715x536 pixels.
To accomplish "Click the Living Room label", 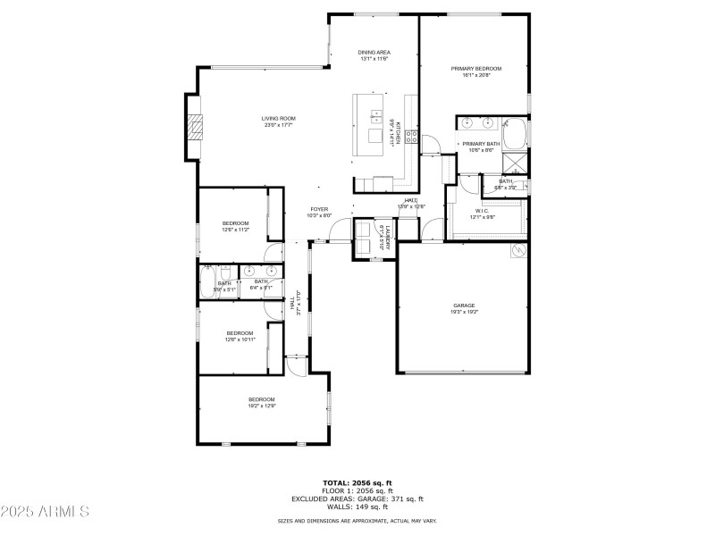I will [278, 118].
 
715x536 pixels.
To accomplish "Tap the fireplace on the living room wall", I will [194, 128].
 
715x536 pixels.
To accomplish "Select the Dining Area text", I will [373, 53].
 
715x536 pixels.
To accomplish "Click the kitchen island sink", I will [375, 115].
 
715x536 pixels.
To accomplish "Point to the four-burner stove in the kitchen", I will [412, 137].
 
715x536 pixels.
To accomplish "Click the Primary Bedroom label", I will [475, 68].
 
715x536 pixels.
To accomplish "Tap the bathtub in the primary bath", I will [516, 133].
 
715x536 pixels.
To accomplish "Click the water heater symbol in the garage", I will [516, 251].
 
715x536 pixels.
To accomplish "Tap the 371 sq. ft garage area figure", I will [408, 498].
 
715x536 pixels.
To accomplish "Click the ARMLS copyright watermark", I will [45, 512].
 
